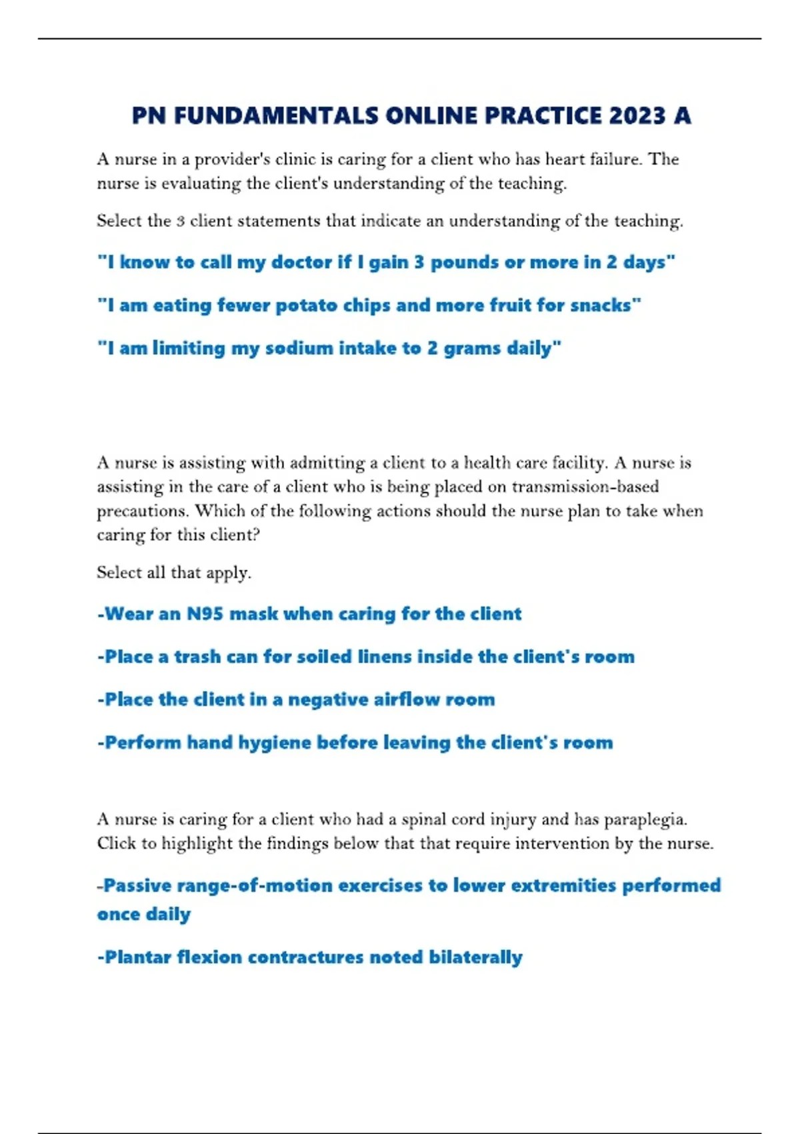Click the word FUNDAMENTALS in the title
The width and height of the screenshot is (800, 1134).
tap(275, 116)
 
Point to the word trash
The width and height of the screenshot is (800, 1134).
tap(197, 657)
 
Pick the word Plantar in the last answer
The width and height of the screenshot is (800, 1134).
tap(137, 957)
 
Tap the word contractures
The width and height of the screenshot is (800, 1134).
tap(305, 957)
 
